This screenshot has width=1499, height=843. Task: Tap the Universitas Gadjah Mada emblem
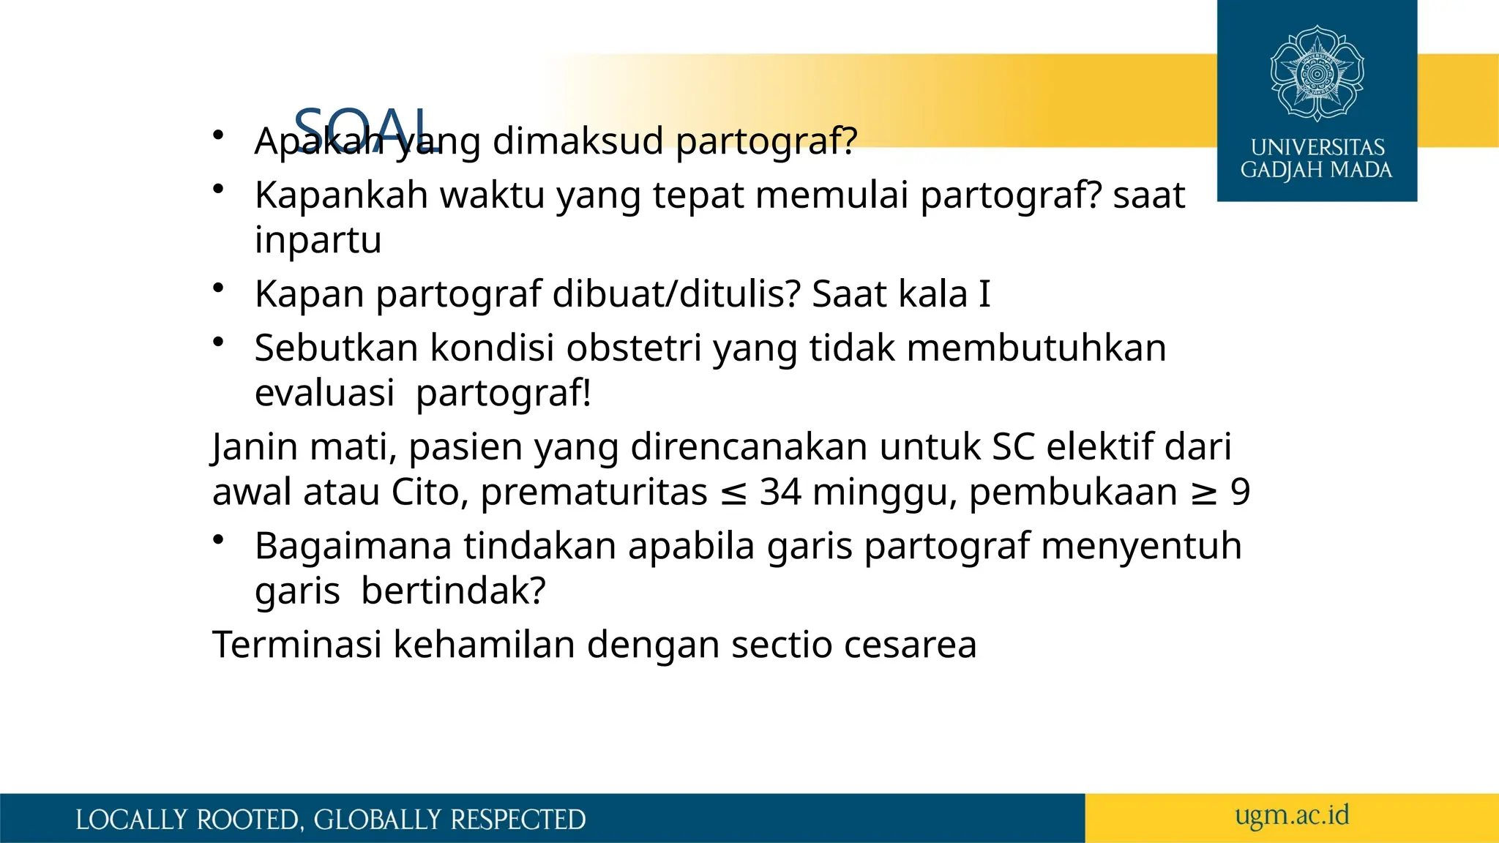[x=1317, y=73]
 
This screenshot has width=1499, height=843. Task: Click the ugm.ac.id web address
[x=1292, y=815]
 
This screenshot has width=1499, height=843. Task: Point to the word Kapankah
[x=341, y=195]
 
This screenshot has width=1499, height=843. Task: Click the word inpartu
[x=318, y=240]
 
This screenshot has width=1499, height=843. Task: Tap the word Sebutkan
[x=336, y=348]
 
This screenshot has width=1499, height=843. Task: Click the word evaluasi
[x=324, y=393]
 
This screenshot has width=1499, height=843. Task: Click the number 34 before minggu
[x=780, y=492]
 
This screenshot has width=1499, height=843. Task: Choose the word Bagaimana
[x=353, y=546]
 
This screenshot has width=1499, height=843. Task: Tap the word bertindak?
[x=453, y=591]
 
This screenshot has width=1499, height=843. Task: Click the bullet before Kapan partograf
[x=217, y=288]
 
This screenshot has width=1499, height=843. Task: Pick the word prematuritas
[x=594, y=492]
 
